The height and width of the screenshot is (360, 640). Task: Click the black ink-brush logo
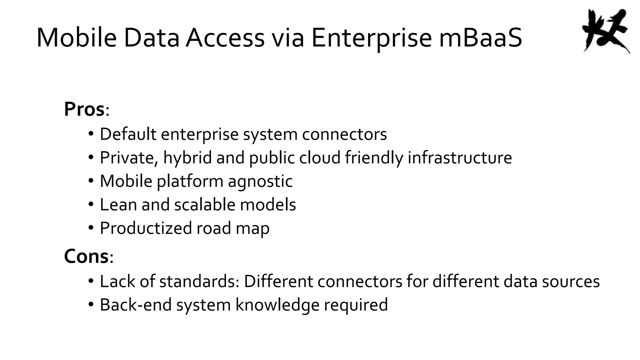[605, 31]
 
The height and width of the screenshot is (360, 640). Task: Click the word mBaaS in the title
[480, 38]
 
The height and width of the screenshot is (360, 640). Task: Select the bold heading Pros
[84, 109]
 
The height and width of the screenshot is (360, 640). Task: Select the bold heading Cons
[86, 256]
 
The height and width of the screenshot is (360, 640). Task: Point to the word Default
[128, 134]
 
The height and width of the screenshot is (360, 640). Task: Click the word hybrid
[187, 157]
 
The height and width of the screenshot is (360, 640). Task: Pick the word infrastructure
[460, 157]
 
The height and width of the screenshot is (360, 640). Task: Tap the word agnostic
[260, 181]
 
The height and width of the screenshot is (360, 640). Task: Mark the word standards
[199, 281]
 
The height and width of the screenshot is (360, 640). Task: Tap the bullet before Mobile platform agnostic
[91, 181]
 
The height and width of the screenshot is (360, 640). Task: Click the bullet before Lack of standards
[91, 281]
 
